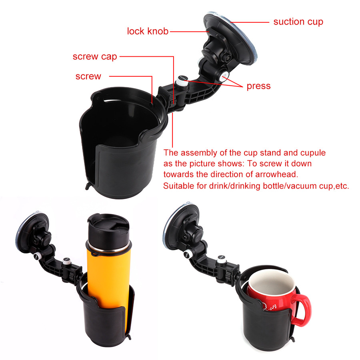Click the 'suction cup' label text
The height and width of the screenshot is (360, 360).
[x=298, y=22]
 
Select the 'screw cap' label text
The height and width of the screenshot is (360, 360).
[x=95, y=56]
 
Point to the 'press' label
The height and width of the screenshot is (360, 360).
[x=258, y=86]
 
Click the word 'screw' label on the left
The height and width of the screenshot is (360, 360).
[x=88, y=76]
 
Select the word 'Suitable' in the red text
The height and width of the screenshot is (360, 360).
[x=179, y=186]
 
